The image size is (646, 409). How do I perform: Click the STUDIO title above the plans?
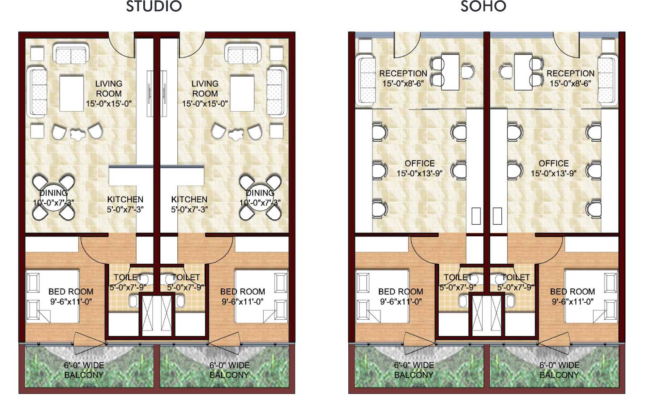click(154, 7)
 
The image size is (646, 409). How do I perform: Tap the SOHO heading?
click(483, 7)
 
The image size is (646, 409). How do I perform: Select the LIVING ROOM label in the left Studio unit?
click(108, 89)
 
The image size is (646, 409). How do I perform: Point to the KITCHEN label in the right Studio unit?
click(189, 199)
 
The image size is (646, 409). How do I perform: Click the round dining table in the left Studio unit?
click(53, 197)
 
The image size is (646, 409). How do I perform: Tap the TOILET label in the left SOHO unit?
click(458, 278)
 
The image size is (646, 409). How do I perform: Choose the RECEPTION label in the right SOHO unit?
click(570, 73)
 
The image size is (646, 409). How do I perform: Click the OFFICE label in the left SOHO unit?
click(419, 163)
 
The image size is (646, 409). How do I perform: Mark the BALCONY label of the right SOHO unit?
click(559, 375)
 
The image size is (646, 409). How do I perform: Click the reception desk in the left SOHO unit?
click(450, 72)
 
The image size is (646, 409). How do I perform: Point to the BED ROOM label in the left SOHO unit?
click(400, 292)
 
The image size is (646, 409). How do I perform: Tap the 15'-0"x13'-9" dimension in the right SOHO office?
click(553, 173)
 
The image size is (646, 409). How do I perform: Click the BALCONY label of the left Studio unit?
click(84, 375)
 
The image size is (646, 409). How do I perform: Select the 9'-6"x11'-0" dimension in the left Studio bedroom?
click(71, 301)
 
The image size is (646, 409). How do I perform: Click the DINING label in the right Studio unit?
click(260, 193)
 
